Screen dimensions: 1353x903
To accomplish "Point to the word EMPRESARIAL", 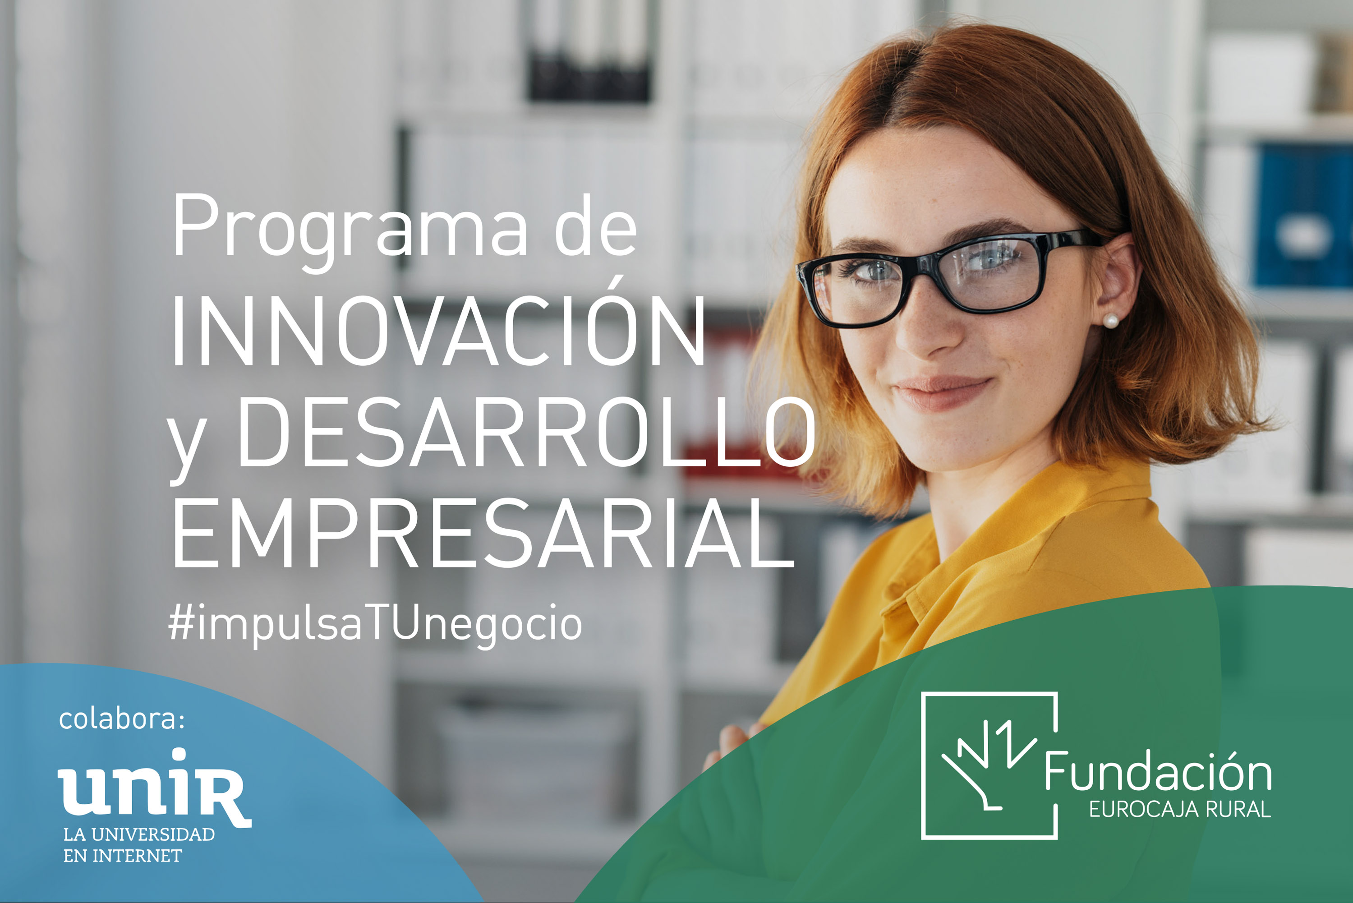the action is click(x=483, y=533).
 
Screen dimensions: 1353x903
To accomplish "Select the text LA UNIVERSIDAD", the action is click(x=139, y=834).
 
